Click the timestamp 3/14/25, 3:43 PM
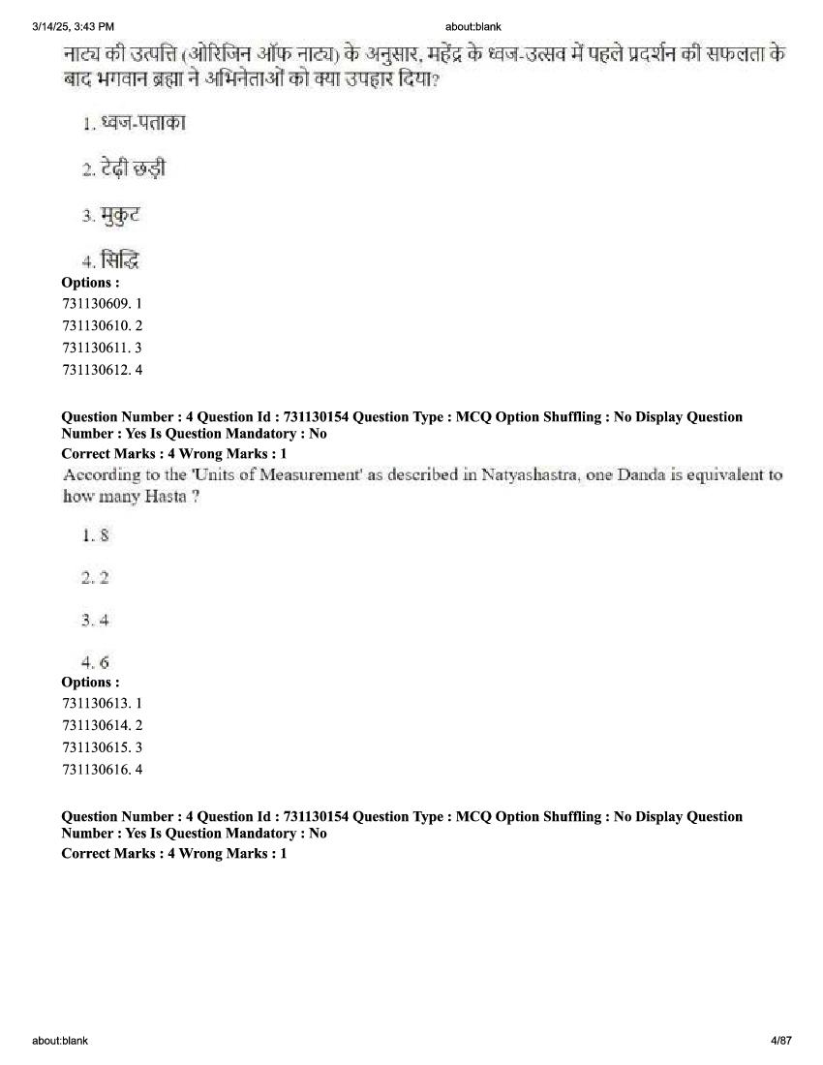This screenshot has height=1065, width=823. pyautogui.click(x=73, y=26)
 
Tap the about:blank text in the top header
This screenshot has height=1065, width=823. pyautogui.click(x=473, y=26)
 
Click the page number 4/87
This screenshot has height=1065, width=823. pyautogui.click(x=780, y=1041)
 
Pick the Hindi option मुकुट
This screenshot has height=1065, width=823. pyautogui.click(x=120, y=215)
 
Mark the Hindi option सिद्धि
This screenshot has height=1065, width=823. pyautogui.click(x=121, y=260)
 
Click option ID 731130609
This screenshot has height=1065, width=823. pyautogui.click(x=95, y=303)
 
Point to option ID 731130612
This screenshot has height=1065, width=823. pyautogui.click(x=95, y=370)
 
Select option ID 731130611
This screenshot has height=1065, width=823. pyautogui.click(x=95, y=348)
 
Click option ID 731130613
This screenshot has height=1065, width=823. pyautogui.click(x=95, y=703)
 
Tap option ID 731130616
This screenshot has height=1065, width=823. pyautogui.click(x=95, y=770)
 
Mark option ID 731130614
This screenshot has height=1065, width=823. pyautogui.click(x=95, y=725)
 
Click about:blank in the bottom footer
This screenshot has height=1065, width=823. pyautogui.click(x=60, y=1041)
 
